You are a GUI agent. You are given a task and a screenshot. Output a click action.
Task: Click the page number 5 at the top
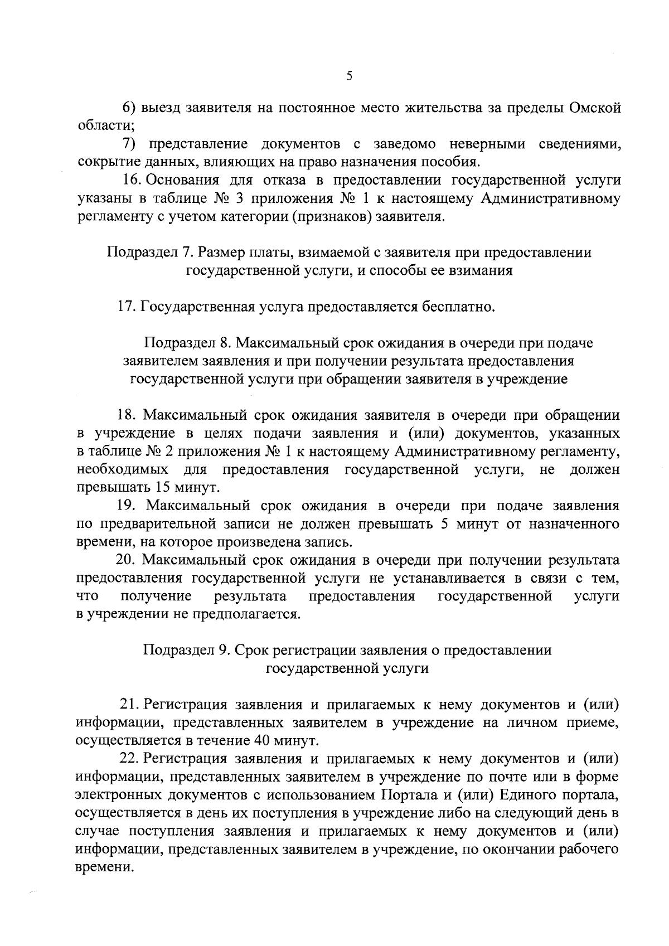[348, 76]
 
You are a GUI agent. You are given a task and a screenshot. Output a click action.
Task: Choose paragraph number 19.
[127, 506]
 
